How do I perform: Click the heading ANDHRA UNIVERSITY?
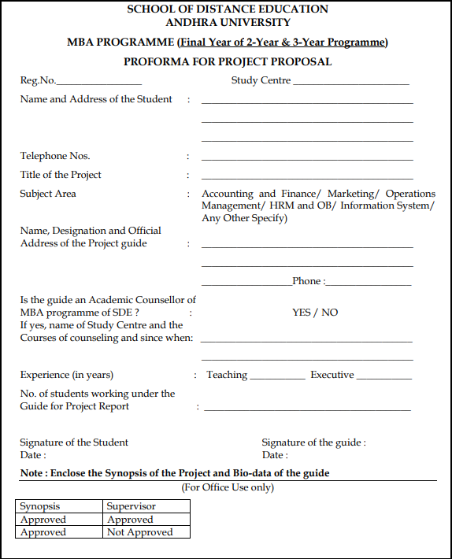228,22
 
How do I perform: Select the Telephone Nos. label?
55,156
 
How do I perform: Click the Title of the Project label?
61,175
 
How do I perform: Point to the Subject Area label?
48,194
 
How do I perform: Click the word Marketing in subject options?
350,194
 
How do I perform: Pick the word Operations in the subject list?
410,194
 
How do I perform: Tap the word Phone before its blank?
306,281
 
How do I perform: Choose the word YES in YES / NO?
302,313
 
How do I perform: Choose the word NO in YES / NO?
329,313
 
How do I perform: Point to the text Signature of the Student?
74,442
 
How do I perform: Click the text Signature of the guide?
313,442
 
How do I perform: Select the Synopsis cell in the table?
40,506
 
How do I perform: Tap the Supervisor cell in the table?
132,506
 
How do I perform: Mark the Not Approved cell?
139,532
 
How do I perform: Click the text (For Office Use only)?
228,487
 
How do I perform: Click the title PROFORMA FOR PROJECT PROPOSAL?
228,61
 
